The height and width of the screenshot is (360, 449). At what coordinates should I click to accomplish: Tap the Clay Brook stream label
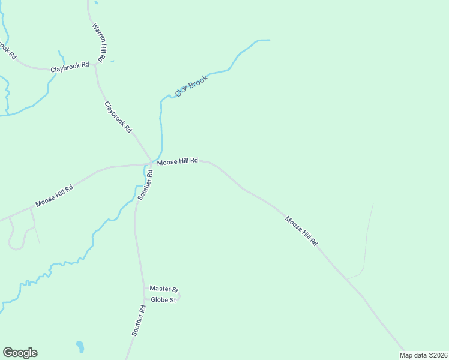pyautogui.click(x=191, y=86)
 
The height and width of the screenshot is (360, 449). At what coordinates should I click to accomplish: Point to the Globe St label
pyautogui.click(x=163, y=300)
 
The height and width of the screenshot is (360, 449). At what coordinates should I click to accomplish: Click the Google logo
pyautogui.click(x=20, y=353)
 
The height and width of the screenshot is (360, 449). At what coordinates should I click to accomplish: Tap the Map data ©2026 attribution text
pyautogui.click(x=424, y=355)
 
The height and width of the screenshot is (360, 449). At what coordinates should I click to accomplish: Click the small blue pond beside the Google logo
pyautogui.click(x=80, y=346)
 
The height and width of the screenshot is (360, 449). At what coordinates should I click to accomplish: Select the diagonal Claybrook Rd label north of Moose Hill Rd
pyautogui.click(x=118, y=117)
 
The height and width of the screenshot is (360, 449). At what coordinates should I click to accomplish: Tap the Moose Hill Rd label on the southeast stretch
pyautogui.click(x=301, y=231)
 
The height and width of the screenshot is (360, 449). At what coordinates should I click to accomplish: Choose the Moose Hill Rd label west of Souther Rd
pyautogui.click(x=54, y=196)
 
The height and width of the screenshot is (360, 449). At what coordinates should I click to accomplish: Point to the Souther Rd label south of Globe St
pyautogui.click(x=139, y=320)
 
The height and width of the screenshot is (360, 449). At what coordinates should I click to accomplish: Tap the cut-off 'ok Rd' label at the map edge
pyautogui.click(x=7, y=50)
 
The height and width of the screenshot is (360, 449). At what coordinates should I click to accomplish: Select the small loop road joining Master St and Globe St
pyautogui.click(x=179, y=295)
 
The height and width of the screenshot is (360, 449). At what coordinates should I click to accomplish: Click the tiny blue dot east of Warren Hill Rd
pyautogui.click(x=112, y=61)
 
